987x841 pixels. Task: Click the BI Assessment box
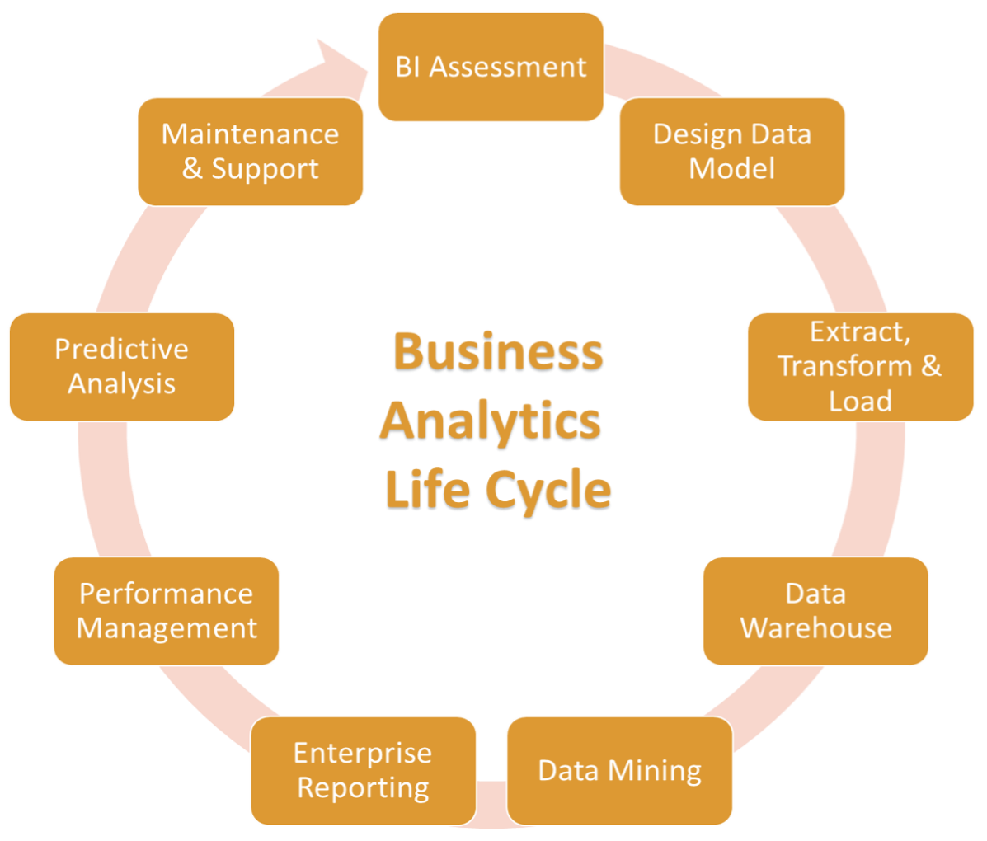(x=491, y=67)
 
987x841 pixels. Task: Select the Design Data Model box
(x=732, y=152)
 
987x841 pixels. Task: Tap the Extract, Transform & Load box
(x=860, y=366)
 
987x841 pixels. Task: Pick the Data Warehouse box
(x=815, y=611)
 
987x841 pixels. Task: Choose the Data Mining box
(x=619, y=771)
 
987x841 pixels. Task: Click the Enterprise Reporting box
(x=363, y=771)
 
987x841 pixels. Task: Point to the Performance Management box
(x=167, y=611)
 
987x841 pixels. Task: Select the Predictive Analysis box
(x=122, y=366)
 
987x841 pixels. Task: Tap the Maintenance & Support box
(x=250, y=152)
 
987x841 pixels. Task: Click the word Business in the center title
(x=498, y=352)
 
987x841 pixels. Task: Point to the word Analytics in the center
(x=491, y=421)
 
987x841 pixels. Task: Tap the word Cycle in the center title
(x=555, y=491)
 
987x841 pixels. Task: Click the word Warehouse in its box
(x=815, y=628)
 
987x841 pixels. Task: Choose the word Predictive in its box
(x=122, y=349)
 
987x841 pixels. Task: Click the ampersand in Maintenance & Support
(x=192, y=169)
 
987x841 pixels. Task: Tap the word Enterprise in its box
(x=363, y=754)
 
